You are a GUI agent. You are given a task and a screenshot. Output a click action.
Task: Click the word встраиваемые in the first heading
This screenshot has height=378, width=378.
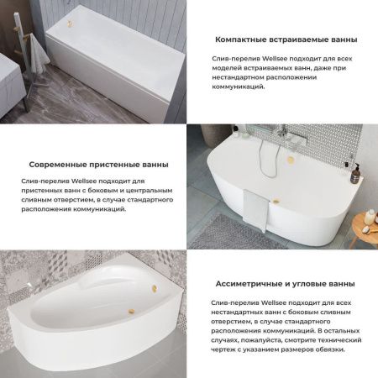tap(301, 39)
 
